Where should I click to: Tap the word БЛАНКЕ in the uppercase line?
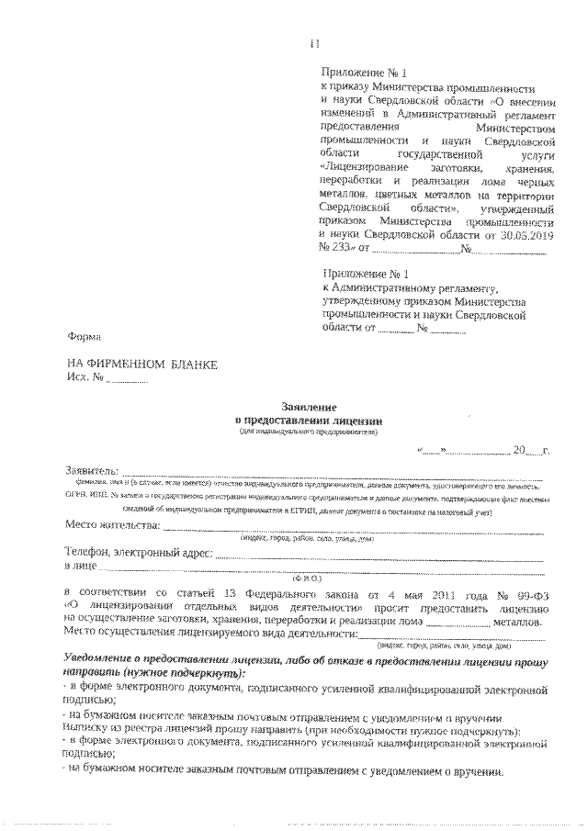(x=194, y=365)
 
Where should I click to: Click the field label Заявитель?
(x=86, y=469)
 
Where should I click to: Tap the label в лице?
(x=81, y=567)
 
